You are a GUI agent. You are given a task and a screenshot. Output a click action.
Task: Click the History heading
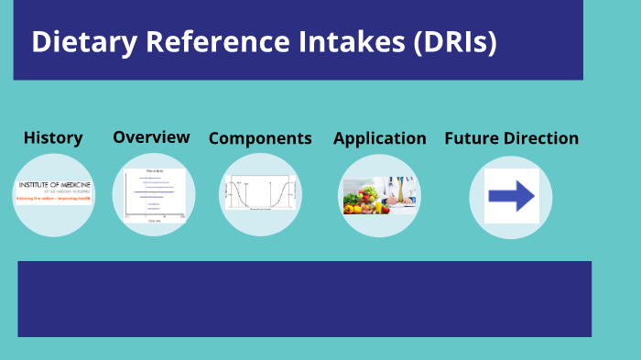coord(53,138)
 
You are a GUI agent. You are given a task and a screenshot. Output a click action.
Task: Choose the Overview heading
coord(151,137)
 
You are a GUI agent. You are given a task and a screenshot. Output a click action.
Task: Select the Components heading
coord(260,139)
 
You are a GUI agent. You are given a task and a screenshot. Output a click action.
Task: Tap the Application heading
coord(379,139)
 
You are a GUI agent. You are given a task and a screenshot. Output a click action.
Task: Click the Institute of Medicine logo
coord(53,191)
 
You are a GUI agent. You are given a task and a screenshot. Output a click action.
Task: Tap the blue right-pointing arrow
coord(511,195)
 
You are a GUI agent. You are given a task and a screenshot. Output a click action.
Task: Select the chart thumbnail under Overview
coord(154,195)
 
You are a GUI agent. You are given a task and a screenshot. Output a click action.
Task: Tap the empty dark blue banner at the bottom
coord(304,299)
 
